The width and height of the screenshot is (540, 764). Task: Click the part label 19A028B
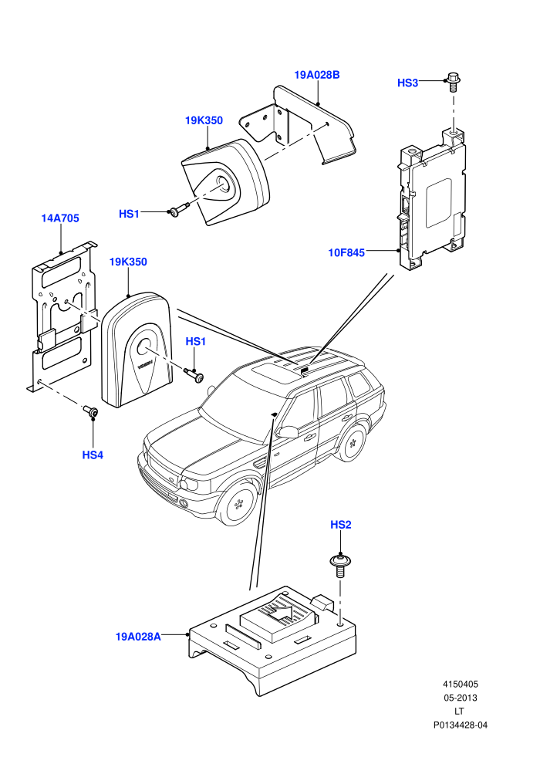317,75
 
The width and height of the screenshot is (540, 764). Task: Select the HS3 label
407,83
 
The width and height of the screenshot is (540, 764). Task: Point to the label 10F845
346,253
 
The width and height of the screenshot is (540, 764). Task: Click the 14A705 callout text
60,218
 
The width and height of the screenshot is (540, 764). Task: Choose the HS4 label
93,455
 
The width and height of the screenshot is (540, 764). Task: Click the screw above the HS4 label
90,411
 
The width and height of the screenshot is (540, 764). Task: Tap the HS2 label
341,525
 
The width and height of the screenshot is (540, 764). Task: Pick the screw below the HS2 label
340,565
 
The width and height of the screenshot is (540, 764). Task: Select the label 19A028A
138,637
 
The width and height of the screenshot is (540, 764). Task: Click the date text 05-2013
460,698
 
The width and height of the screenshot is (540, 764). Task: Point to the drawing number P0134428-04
460,725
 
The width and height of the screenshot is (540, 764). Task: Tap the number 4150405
460,684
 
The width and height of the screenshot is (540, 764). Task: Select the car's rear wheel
353,442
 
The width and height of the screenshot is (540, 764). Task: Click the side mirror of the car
288,431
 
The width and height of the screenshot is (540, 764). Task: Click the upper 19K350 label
204,120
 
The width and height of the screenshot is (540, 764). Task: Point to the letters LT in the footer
460,712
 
